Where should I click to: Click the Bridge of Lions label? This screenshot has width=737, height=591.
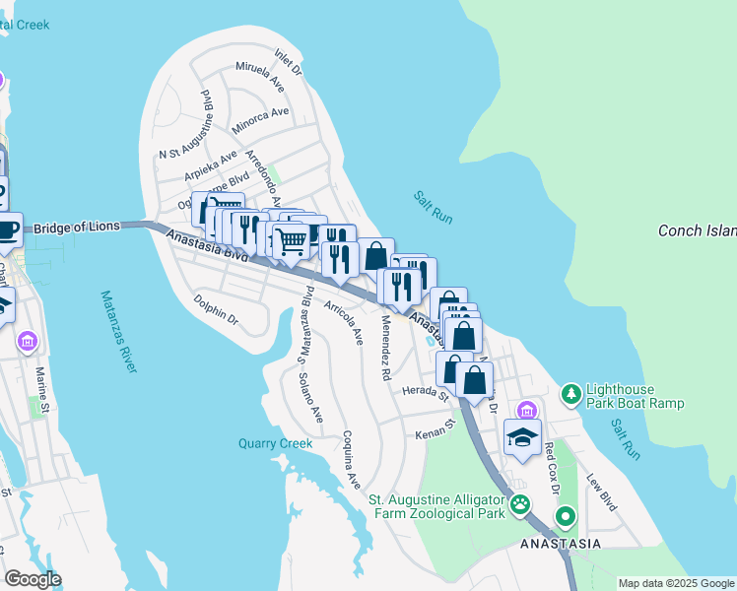[77, 228]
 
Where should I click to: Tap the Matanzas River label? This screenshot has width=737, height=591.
[119, 331]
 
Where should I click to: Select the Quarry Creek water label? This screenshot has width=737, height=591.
[275, 443]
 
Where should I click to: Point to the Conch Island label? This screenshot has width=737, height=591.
[697, 231]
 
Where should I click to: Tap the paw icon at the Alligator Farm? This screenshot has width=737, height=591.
[519, 506]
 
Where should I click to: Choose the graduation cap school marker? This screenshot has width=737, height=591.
[523, 436]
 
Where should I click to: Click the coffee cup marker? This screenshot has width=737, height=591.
[7, 230]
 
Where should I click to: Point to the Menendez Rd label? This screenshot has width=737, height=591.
[384, 349]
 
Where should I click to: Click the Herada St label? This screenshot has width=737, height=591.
[426, 391]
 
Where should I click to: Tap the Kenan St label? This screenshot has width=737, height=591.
[433, 431]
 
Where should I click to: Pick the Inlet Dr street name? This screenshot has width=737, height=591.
[289, 63]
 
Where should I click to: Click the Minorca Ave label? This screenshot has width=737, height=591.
[260, 120]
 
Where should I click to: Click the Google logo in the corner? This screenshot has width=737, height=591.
[32, 579]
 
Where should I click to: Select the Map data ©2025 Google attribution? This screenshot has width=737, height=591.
[676, 583]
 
